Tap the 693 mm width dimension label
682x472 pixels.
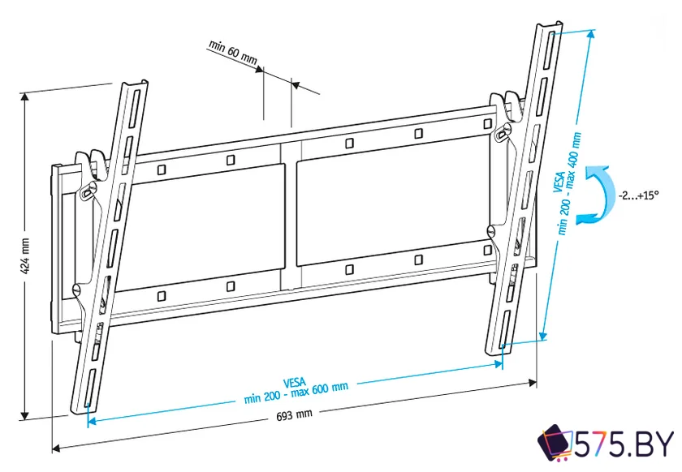pyautogui.click(x=294, y=414)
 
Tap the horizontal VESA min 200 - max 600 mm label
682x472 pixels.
pyautogui.click(x=296, y=391)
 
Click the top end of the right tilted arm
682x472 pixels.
pyautogui.click(x=549, y=30)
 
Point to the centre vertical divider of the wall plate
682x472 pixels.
pyautogui.click(x=291, y=215)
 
